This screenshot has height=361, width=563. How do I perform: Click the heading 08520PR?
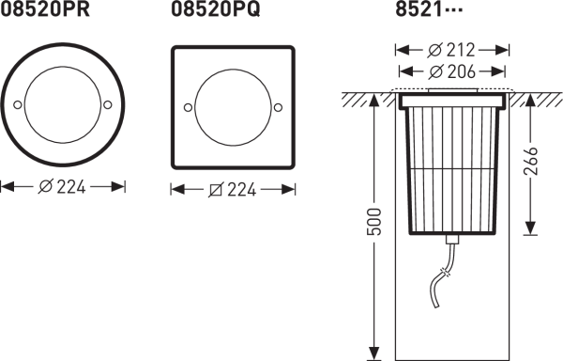[x=44, y=9]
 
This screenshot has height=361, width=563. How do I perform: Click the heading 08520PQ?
[x=216, y=9]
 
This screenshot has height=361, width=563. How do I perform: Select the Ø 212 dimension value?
[x=451, y=50]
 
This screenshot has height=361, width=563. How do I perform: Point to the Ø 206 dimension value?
[x=451, y=71]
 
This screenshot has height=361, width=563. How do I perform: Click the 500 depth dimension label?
[x=373, y=222]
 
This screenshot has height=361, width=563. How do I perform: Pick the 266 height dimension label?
[x=531, y=161]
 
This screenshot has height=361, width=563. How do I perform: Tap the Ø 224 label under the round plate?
[x=62, y=187]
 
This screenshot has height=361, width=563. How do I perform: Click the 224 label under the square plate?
[x=233, y=190]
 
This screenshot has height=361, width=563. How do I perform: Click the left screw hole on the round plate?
[x=17, y=104]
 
